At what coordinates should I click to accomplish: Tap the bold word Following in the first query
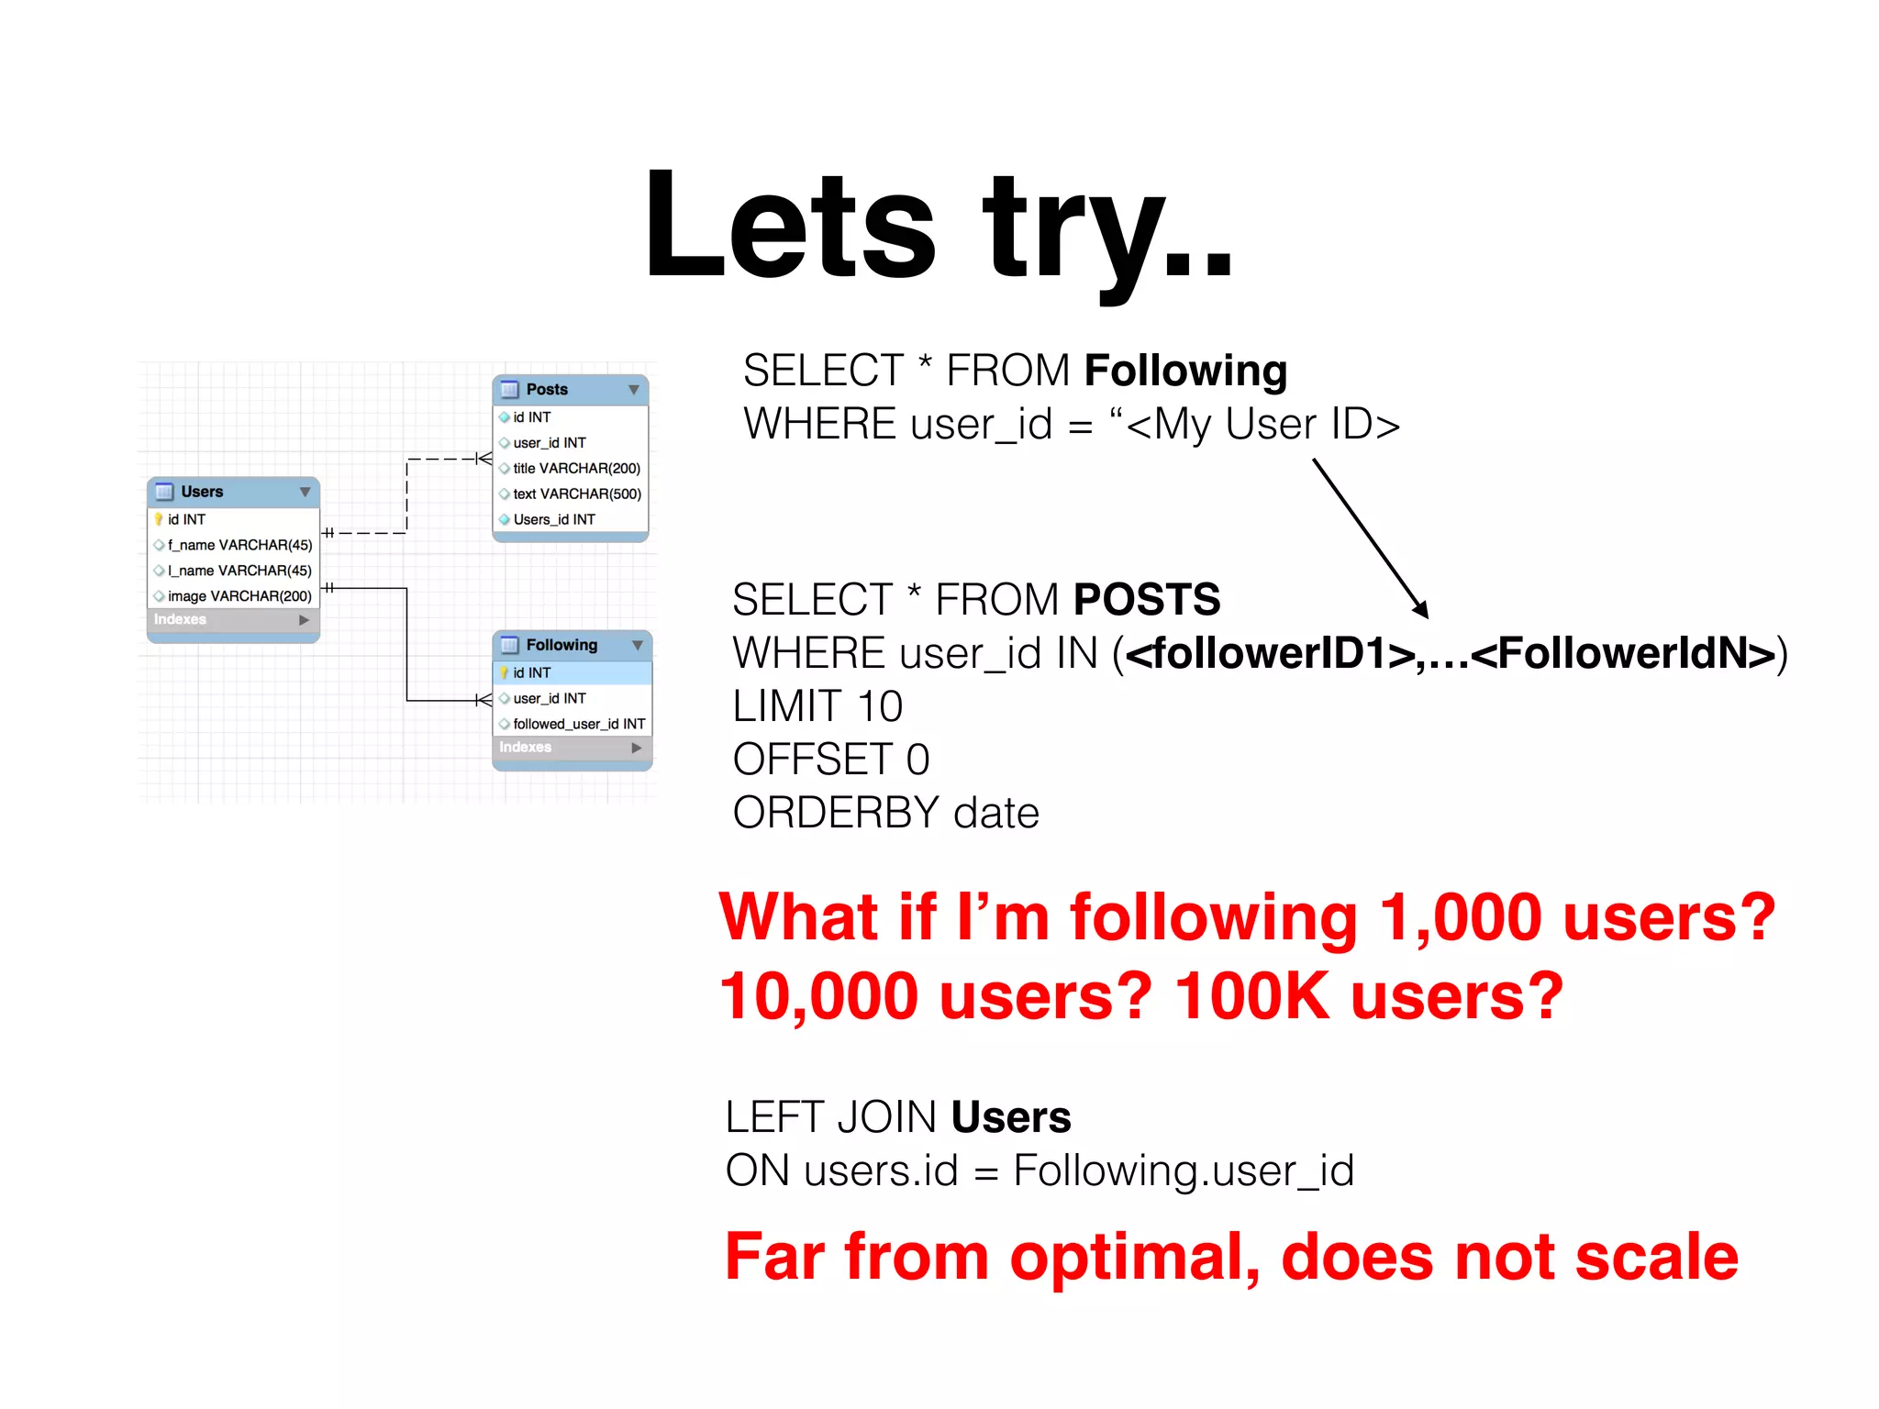(1185, 371)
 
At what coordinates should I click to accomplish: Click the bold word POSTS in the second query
(1147, 600)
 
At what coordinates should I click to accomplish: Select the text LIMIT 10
(817, 706)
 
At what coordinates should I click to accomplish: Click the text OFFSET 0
(830, 760)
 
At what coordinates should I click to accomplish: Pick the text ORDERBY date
(885, 813)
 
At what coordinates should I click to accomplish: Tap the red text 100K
(1252, 997)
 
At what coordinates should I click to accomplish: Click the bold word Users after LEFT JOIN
(1011, 1117)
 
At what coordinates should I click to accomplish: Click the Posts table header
(570, 390)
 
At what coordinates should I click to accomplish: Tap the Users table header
(233, 492)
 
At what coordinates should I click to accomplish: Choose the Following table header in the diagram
(572, 645)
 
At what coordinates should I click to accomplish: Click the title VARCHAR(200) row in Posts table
(575, 468)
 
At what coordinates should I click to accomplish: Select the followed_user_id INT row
(578, 724)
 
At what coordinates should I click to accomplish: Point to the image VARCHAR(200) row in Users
(239, 596)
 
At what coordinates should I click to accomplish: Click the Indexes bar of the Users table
(233, 620)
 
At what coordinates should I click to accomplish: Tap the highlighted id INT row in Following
(572, 672)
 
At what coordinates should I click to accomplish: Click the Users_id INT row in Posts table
(554, 519)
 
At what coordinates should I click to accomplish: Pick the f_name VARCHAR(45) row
(239, 545)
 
